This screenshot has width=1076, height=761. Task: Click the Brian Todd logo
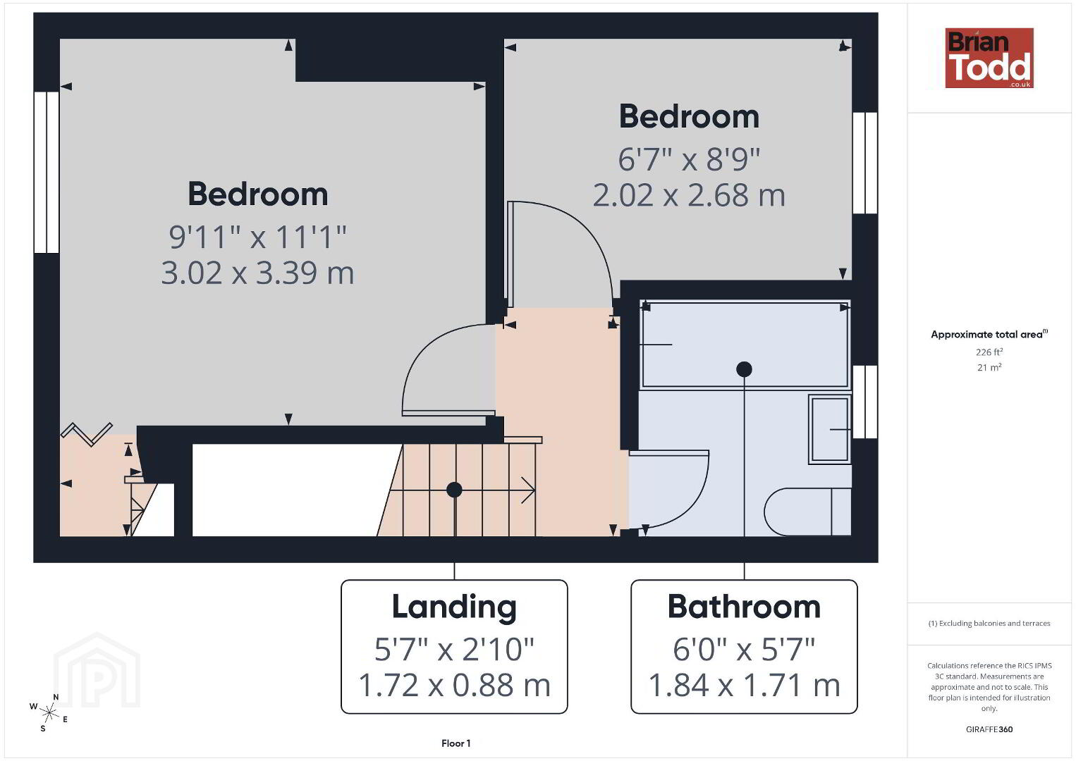coord(989,58)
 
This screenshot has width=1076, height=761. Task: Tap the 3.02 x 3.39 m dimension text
coord(258,273)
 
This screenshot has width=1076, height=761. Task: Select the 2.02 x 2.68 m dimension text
coord(690,195)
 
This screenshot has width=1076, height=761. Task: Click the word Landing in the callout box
coord(454,608)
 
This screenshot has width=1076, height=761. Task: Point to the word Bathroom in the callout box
coord(744,607)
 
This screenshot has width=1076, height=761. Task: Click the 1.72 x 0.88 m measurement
coord(454,685)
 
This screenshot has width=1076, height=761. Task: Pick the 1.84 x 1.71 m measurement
coord(744,685)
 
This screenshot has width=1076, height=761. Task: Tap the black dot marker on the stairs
coord(454,490)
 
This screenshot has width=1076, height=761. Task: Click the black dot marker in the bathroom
coord(744,369)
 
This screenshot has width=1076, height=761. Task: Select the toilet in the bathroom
coord(807,512)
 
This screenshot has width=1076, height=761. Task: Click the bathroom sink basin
coord(830,429)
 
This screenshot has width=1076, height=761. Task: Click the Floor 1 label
coord(456,743)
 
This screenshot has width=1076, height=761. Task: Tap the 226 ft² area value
coord(989,352)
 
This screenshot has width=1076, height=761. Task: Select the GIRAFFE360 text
coord(989,729)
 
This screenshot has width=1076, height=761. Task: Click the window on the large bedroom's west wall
coord(47,173)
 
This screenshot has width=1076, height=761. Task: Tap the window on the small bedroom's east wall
coord(865,163)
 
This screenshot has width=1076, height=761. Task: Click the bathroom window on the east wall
coord(865,402)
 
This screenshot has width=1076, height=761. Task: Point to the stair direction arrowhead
coord(529,490)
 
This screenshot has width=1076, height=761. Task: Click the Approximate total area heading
coord(989,334)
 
